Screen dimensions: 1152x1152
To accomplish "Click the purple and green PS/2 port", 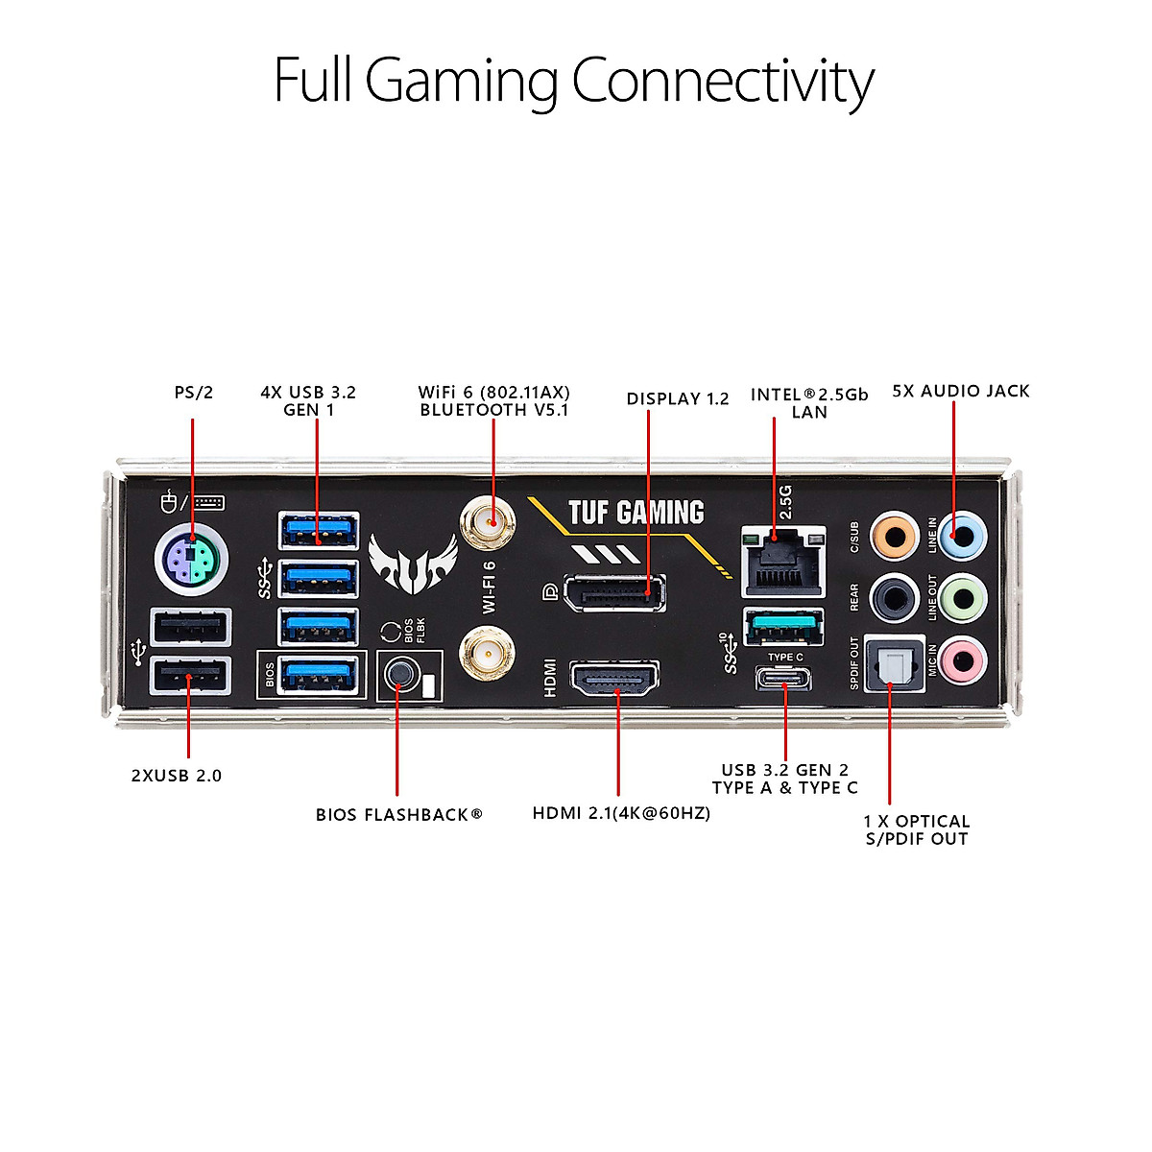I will click(191, 558).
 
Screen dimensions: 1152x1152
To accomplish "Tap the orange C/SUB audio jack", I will click(894, 536).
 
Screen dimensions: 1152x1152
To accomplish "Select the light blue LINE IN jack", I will click(963, 536).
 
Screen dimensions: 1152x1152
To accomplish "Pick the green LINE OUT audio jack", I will click(963, 599).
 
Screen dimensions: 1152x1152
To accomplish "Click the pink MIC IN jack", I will click(963, 661).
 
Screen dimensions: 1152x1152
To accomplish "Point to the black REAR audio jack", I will click(894, 599).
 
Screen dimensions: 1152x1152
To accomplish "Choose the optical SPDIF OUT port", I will click(891, 664).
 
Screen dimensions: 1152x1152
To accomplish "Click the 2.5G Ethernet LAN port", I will click(783, 561).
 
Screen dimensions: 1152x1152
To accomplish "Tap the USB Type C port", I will click(784, 680).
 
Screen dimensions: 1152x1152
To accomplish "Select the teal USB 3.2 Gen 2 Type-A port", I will click(783, 627).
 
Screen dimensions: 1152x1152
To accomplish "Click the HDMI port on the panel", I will click(614, 680).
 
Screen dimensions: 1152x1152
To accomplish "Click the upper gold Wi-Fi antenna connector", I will click(488, 523).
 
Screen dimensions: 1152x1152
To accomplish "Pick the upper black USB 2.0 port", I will click(190, 628).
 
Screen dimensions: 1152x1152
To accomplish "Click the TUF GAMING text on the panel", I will click(636, 513).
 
